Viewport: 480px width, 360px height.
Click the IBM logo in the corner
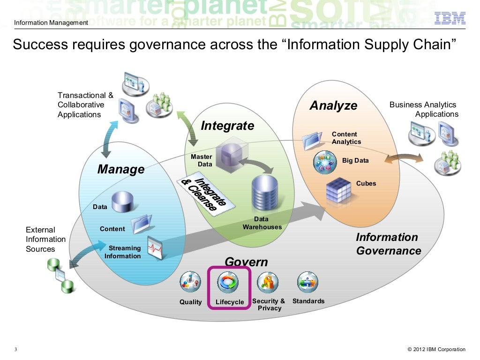[450, 18]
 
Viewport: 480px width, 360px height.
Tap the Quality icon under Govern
[190, 282]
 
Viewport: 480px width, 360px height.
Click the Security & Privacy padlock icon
[268, 282]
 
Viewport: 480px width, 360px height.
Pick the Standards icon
[307, 282]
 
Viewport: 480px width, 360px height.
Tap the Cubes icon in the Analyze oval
[339, 190]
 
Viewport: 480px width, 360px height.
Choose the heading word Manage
[121, 169]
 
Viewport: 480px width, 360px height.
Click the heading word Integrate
[227, 126]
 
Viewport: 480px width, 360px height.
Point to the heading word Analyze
[333, 106]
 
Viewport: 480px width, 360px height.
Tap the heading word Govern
[246, 262]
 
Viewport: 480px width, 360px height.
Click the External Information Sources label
[45, 240]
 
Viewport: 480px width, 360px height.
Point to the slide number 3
[15, 350]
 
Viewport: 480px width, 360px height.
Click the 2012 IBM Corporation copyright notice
[437, 349]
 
